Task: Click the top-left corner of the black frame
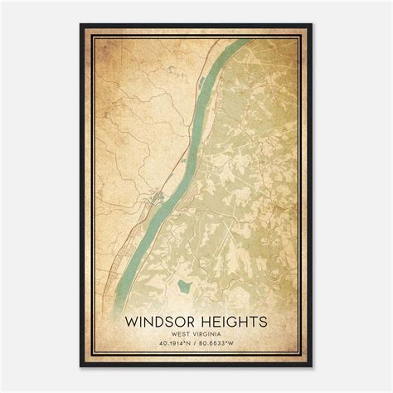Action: pos(81,24)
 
